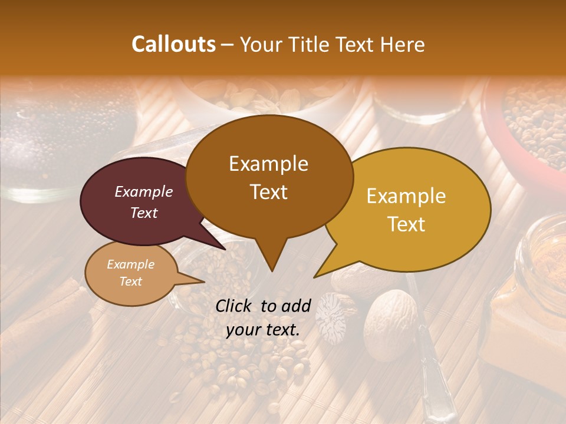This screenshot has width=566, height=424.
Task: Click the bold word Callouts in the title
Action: coord(173,44)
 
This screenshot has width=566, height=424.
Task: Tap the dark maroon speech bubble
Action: coord(136,200)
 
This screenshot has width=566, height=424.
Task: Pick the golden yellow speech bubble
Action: coord(413,209)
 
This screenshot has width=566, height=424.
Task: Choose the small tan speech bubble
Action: coord(130,274)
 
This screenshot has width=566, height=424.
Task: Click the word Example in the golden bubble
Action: coord(406,197)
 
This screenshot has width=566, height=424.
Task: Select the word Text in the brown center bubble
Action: coord(269,192)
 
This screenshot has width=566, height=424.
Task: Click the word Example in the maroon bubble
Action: coord(144,191)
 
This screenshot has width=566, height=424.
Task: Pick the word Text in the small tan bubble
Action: coord(131,281)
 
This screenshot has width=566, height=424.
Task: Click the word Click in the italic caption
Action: coord(235,306)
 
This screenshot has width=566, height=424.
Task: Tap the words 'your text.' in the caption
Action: coord(263,330)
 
